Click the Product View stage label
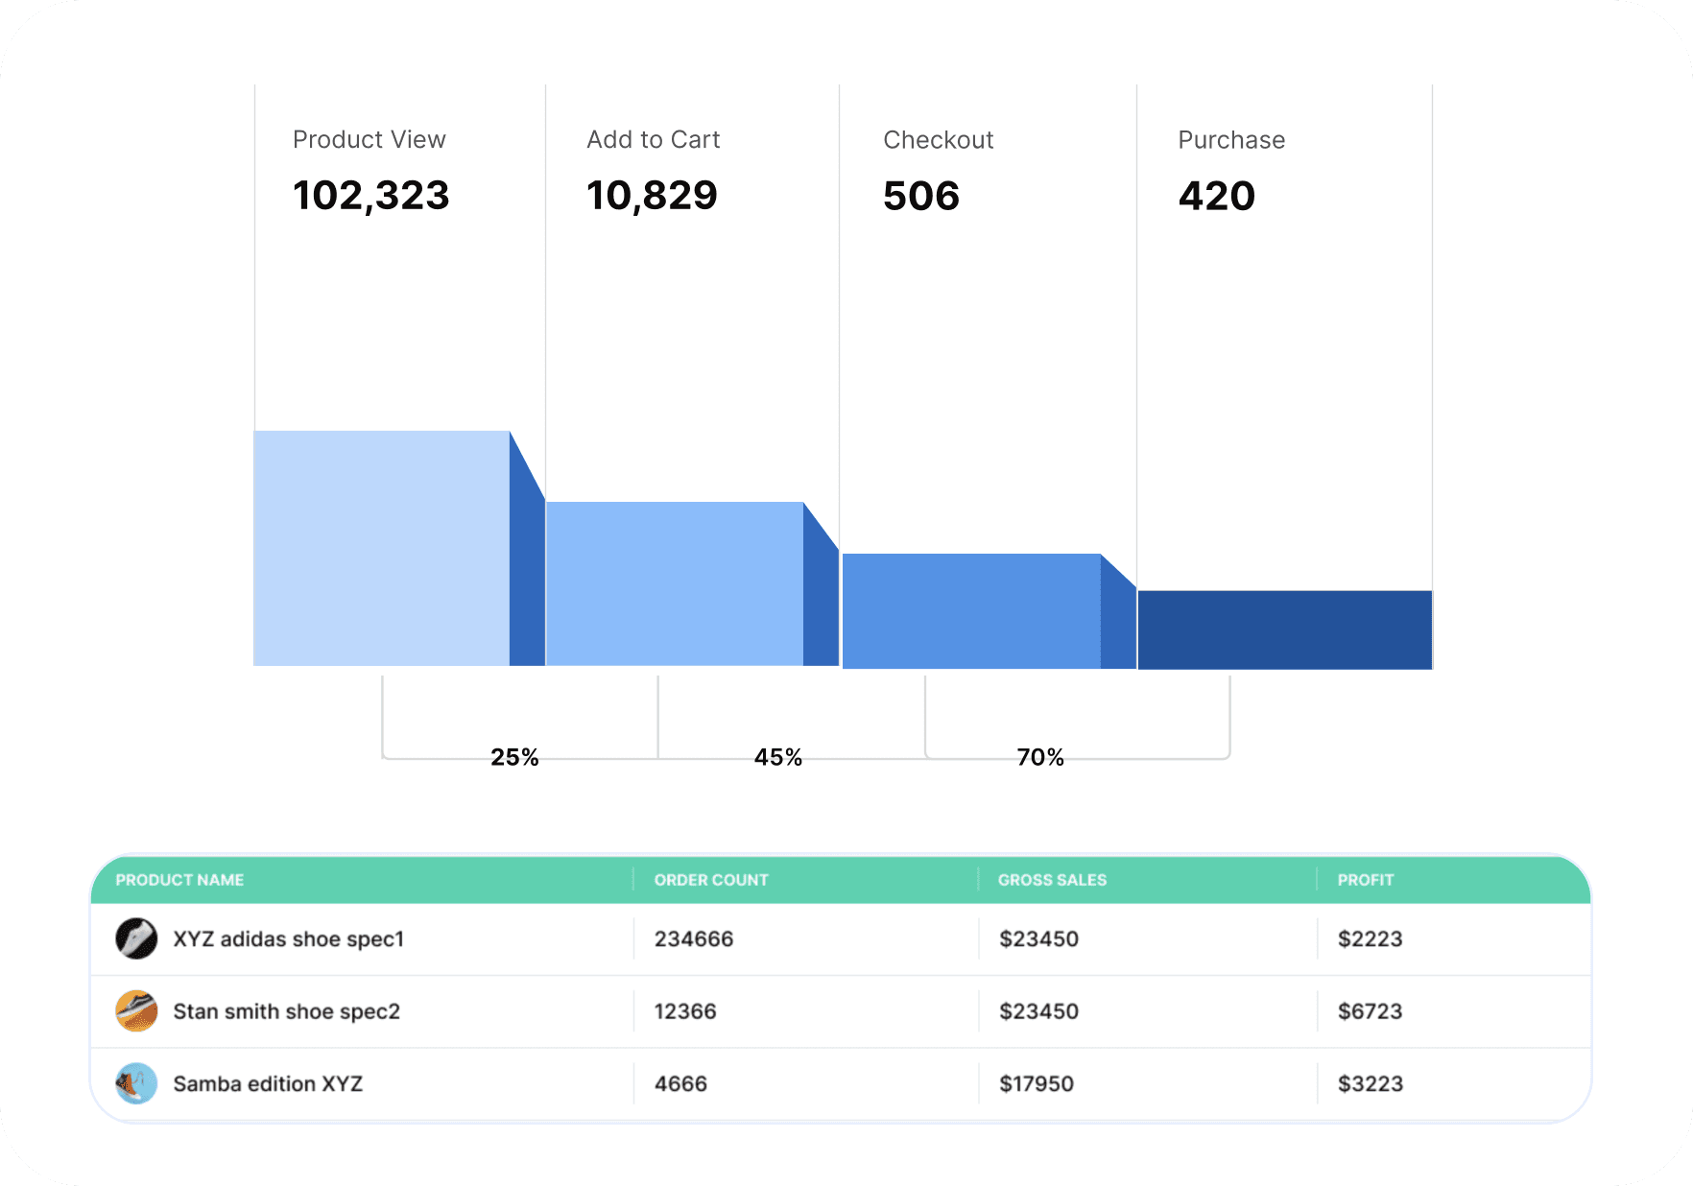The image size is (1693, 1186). pos(369,140)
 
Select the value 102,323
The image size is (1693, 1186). pos(370,196)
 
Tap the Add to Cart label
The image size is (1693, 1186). pos(653,140)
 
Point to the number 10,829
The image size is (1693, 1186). pos(652,196)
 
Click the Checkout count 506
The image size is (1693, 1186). pos(920,196)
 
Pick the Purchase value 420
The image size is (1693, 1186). pos(1216,196)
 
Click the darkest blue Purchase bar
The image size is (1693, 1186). pos(1284,629)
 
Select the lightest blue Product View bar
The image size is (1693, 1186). pos(381,548)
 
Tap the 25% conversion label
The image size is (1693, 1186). pos(514,757)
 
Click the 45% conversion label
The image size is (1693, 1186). pos(777,757)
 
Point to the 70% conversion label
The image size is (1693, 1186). pos(1040,757)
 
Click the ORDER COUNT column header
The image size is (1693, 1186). pos(711,880)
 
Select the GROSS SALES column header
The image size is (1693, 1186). pos(1052,880)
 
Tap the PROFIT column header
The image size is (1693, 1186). pos(1365,880)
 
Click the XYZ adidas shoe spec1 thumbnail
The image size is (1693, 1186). pos(136,938)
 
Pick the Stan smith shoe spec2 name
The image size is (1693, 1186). pos(286,1011)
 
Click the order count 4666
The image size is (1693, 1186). pos(680,1083)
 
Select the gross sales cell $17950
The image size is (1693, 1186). pos(1036,1083)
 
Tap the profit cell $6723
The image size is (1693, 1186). pos(1370,1011)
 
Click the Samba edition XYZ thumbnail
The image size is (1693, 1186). pos(136,1083)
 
